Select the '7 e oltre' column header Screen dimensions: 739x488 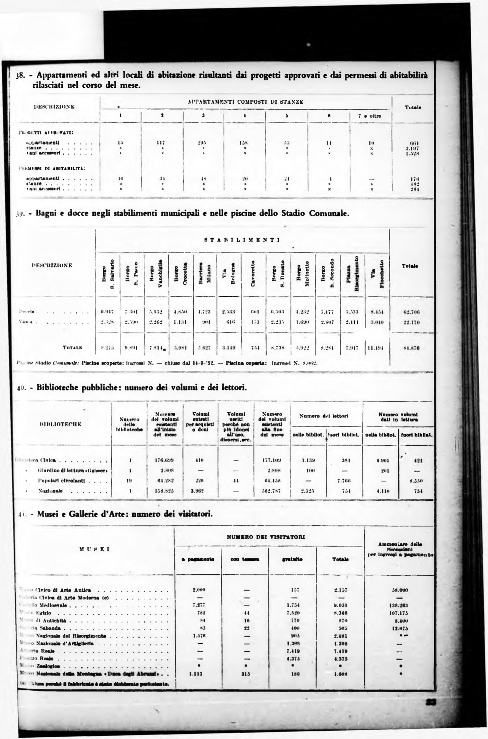click(x=370, y=116)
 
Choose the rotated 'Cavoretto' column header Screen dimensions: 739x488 click(x=254, y=274)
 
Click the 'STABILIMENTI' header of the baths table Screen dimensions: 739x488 click(x=242, y=240)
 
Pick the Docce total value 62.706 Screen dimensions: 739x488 click(x=411, y=312)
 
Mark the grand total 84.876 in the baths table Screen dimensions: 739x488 click(x=411, y=348)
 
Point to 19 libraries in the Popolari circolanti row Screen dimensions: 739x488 click(x=129, y=481)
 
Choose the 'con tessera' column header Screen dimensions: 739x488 click(x=245, y=559)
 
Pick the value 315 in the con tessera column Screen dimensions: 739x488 click(x=245, y=674)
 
